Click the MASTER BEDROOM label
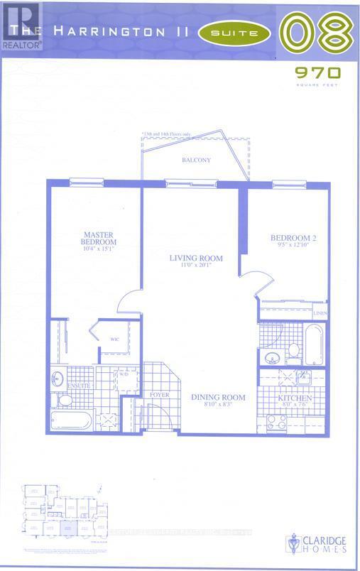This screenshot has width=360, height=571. click(x=94, y=239)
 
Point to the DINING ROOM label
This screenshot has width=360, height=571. click(x=218, y=397)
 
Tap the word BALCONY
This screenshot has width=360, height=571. click(x=195, y=161)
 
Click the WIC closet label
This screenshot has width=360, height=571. click(x=113, y=339)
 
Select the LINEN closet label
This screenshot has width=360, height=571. click(x=320, y=312)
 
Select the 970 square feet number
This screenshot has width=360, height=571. click(x=320, y=72)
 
